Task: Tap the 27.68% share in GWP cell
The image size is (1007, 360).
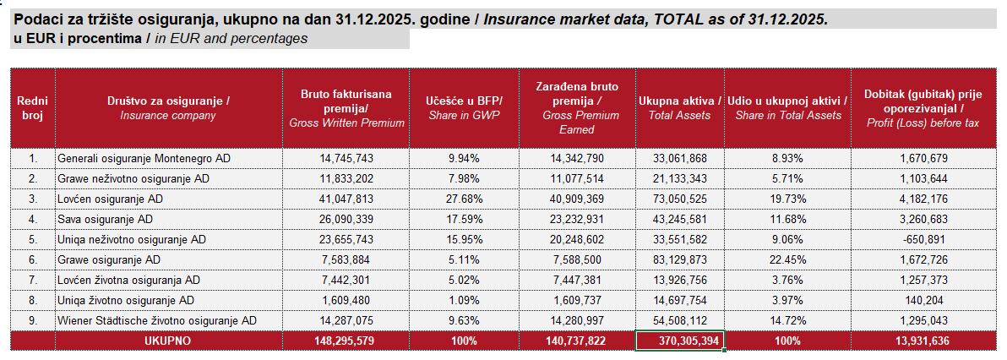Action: [x=463, y=199]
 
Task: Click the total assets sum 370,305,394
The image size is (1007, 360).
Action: [x=680, y=341]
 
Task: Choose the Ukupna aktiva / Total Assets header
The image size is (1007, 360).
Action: [x=680, y=108]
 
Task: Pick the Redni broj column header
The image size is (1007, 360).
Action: [x=33, y=108]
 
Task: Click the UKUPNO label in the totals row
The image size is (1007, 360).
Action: [x=168, y=341]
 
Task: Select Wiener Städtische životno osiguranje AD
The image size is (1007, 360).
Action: [x=156, y=320]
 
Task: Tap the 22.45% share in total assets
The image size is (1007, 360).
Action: [x=787, y=259]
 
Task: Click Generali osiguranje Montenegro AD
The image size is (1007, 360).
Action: [x=144, y=158]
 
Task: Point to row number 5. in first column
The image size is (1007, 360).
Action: [x=33, y=239]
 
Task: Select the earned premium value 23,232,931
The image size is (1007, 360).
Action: [x=579, y=219]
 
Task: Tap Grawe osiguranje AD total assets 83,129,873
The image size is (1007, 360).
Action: [x=680, y=259]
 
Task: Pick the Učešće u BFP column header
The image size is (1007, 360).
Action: [x=463, y=108]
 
